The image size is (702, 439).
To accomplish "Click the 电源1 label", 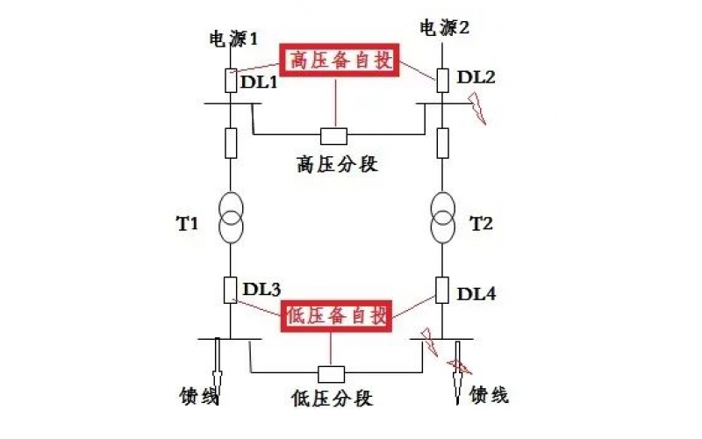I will tap(232, 39).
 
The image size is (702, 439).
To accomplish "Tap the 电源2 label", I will tap(445, 28).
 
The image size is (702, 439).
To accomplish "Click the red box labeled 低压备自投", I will tap(338, 316).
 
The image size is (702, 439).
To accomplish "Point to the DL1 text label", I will tap(259, 83).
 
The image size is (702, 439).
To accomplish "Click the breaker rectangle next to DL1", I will tap(230, 81).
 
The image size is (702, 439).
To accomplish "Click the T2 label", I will tap(482, 224).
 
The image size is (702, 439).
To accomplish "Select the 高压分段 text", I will tap(338, 163).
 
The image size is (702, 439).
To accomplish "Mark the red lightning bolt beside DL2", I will tap(477, 112).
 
